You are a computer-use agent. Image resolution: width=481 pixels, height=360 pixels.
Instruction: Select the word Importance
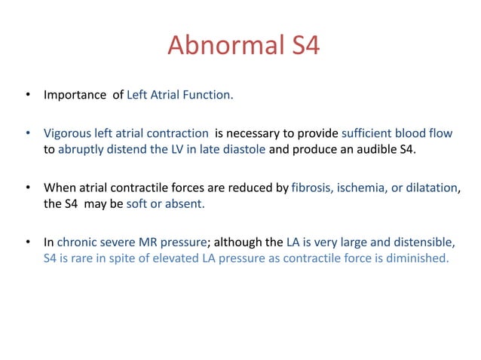(74, 96)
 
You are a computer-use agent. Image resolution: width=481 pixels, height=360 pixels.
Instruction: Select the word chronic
(77, 243)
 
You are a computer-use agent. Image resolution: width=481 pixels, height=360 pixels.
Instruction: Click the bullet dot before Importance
(27, 96)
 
